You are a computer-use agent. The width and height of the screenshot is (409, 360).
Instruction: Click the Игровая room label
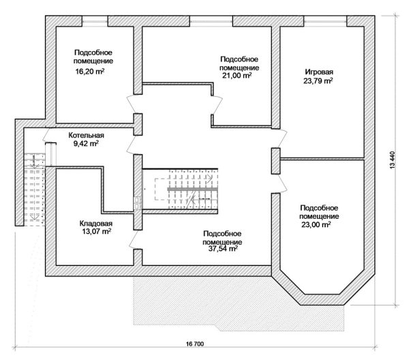tap(319, 72)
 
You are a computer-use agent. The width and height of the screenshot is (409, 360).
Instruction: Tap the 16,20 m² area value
tap(90, 71)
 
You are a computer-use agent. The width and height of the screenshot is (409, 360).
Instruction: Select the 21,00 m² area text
tap(237, 76)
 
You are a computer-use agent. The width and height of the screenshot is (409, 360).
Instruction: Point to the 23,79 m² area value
tap(318, 80)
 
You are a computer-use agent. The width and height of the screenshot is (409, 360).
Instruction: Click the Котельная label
tap(86, 135)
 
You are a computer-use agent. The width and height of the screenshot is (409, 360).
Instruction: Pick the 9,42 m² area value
tap(86, 143)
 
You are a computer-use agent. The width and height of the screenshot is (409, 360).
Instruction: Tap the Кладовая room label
tap(95, 224)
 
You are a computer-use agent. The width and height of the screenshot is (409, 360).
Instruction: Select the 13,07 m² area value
tap(97, 231)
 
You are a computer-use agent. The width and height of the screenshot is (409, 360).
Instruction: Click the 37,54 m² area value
tap(223, 249)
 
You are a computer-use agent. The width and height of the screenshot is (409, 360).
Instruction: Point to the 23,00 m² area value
tap(316, 224)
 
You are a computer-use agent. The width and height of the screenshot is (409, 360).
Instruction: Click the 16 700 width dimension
tap(195, 344)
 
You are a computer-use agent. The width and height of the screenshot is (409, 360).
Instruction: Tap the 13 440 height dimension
tap(393, 160)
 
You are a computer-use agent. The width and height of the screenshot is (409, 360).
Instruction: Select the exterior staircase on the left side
tap(35, 190)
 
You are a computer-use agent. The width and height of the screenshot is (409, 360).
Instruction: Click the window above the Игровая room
tap(325, 21)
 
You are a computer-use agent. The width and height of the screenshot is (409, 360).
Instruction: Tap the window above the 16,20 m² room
tap(95, 21)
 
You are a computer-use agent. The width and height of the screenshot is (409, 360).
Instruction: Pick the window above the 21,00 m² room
tap(211, 21)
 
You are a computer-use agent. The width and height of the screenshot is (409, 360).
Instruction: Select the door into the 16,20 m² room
tap(134, 104)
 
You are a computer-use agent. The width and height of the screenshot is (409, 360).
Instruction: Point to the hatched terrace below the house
tap(239, 303)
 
